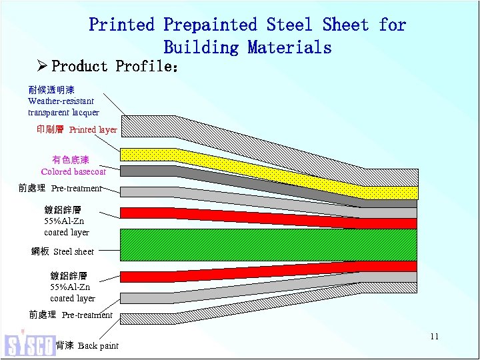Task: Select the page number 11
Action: click(434, 336)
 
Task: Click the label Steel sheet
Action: click(63, 251)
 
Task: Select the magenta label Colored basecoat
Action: click(73, 165)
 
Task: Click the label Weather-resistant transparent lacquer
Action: click(63, 101)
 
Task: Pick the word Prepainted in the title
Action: click(210, 25)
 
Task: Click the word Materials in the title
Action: click(289, 47)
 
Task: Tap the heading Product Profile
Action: click(114, 67)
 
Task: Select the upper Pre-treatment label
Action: click(60, 189)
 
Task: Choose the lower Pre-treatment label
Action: click(71, 315)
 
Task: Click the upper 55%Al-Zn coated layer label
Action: click(67, 221)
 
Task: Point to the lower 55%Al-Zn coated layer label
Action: click(73, 287)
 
